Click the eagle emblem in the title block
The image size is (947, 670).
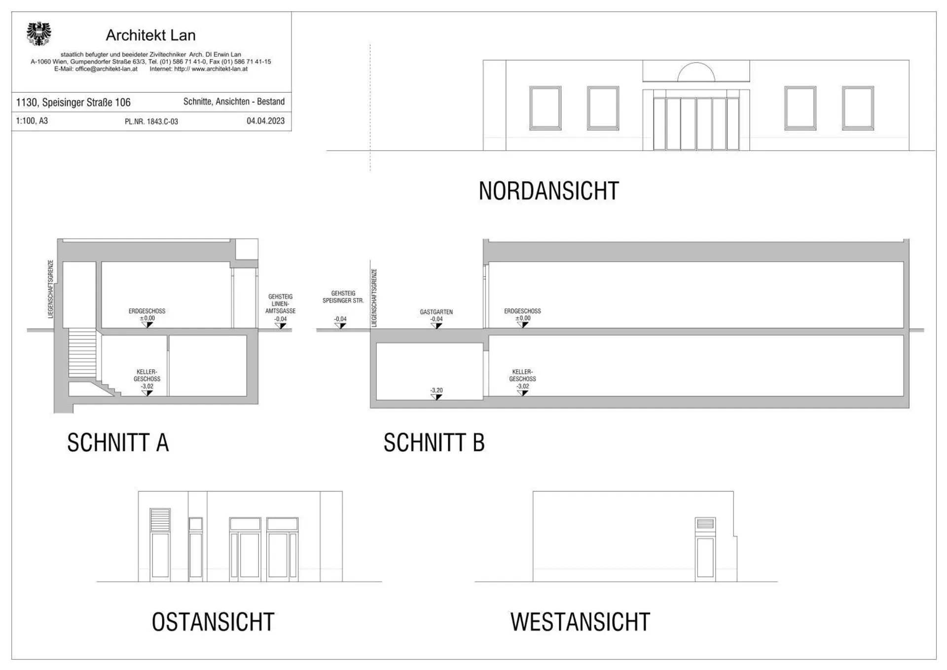pyautogui.click(x=38, y=34)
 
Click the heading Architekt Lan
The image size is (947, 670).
pyautogui.click(x=150, y=36)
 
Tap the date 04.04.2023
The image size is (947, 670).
pyautogui.click(x=265, y=121)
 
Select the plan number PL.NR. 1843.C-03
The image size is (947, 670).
pyautogui.click(x=151, y=122)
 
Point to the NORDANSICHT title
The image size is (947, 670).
pyautogui.click(x=548, y=191)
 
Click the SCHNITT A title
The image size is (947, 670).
pyautogui.click(x=118, y=443)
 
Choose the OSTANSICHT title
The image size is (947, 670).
pyautogui.click(x=213, y=622)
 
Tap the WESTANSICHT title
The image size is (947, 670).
pyautogui.click(x=580, y=622)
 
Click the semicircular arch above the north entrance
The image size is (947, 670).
pyautogui.click(x=696, y=73)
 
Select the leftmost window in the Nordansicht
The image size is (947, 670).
pyautogui.click(x=545, y=108)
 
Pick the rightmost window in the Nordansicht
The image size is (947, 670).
pyautogui.click(x=858, y=108)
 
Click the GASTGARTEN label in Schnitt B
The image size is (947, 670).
pyautogui.click(x=436, y=312)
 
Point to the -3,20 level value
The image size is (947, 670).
pyautogui.click(x=437, y=390)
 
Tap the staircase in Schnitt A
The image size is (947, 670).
pyautogui.click(x=82, y=353)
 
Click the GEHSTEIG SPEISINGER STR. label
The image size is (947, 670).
pyautogui.click(x=343, y=297)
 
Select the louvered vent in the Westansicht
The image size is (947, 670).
pyautogui.click(x=705, y=524)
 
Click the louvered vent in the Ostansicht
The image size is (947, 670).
pyautogui.click(x=160, y=520)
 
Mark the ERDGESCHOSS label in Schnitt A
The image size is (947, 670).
pyautogui.click(x=147, y=311)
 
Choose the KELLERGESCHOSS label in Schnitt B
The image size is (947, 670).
pyautogui.click(x=522, y=375)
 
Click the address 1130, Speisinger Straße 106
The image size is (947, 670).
pyautogui.click(x=73, y=103)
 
